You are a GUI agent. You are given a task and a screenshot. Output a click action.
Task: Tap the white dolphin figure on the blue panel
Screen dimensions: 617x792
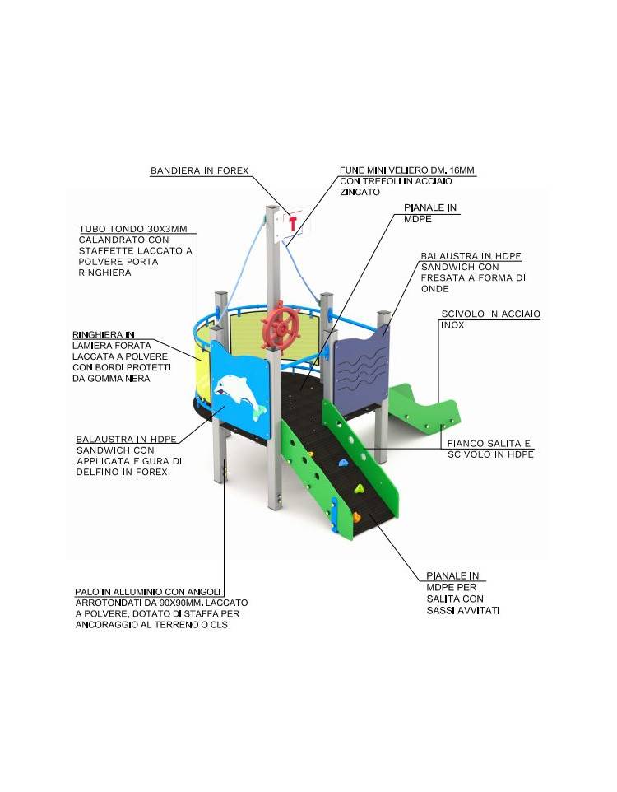click(239, 395)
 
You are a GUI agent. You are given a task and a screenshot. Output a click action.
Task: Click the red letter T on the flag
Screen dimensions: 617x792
click(293, 223)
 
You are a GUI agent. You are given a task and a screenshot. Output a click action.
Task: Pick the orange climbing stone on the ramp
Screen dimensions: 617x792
click(356, 516)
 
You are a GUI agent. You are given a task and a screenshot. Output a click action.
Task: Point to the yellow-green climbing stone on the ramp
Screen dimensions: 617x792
click(359, 488)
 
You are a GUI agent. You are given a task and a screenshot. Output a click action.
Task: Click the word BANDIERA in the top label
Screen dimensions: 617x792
click(176, 170)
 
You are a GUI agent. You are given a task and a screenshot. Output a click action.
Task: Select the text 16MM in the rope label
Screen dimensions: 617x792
click(462, 170)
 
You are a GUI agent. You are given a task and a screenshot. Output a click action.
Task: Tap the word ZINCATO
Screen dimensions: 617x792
click(360, 192)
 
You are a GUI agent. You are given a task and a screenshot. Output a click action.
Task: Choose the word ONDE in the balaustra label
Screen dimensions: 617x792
click(434, 288)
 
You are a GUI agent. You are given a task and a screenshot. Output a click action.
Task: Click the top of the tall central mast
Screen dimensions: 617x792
click(272, 207)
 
